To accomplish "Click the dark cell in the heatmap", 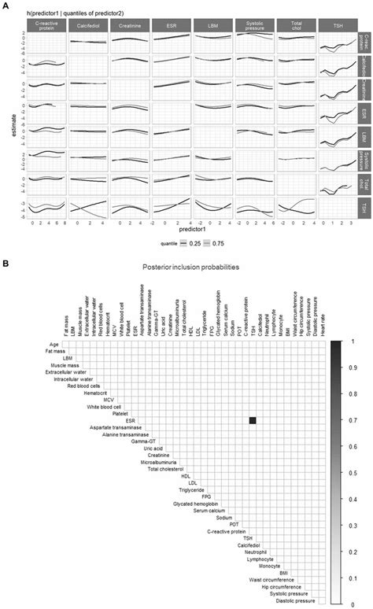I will point(253,420).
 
